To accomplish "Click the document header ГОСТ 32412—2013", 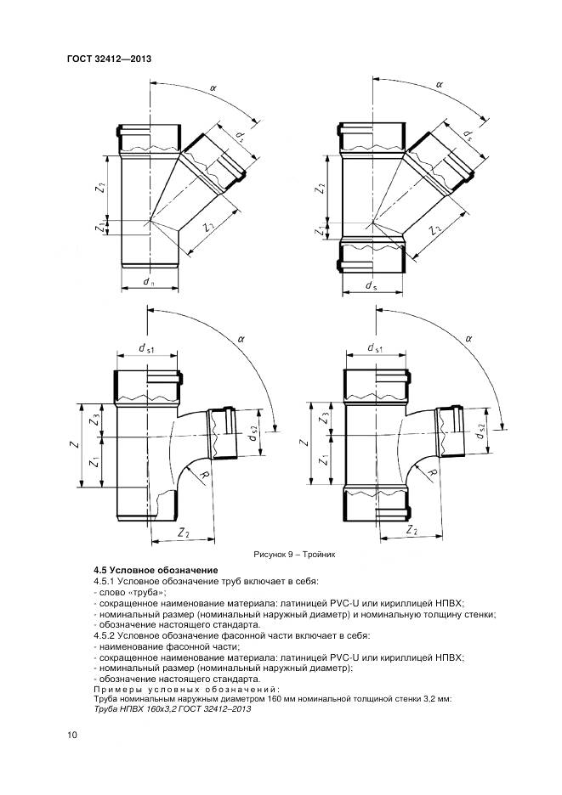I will [x=108, y=59].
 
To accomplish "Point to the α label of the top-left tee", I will [x=212, y=87].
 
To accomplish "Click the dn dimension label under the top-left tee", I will [x=149, y=282].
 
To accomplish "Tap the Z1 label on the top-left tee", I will [x=101, y=228].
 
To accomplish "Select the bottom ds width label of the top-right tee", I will [x=371, y=287].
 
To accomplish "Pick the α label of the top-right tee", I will [x=440, y=85].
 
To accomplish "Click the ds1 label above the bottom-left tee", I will [x=146, y=349].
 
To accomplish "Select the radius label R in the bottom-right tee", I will [x=433, y=472].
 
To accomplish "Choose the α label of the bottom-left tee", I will [x=241, y=338].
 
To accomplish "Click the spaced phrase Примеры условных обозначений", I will [x=184, y=689].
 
